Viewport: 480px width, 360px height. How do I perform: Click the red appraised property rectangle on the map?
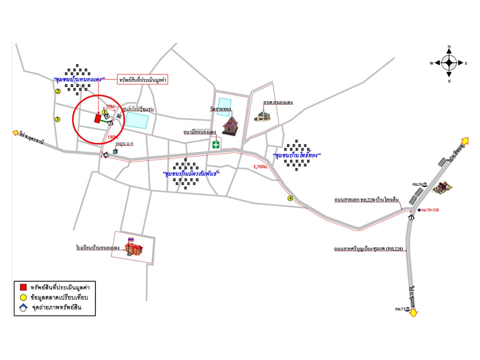click(97, 118)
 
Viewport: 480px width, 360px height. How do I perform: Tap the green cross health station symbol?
click(216, 144)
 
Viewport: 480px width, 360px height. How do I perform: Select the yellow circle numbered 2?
click(57, 91)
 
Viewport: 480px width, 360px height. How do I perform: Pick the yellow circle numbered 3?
click(57, 119)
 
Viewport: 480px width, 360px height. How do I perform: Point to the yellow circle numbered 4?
click(290, 198)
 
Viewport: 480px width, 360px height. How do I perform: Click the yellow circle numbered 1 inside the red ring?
click(104, 112)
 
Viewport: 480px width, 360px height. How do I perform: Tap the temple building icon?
click(229, 124)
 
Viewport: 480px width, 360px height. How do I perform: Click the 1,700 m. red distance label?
click(260, 166)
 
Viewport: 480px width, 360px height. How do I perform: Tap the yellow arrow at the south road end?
click(414, 312)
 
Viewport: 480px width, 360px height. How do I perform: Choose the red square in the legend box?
click(22, 287)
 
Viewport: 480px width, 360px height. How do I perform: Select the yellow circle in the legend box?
click(22, 297)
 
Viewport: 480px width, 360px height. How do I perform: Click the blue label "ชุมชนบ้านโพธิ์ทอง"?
click(296, 155)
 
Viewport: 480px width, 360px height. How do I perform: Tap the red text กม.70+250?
click(431, 210)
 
